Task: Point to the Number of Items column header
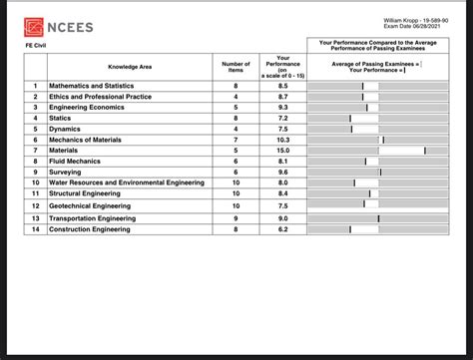236,66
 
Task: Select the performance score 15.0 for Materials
282,150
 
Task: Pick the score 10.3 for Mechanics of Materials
282,140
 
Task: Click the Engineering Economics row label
86,107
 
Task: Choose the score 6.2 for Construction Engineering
282,229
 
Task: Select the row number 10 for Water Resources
35,182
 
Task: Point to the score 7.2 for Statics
282,118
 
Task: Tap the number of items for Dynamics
236,129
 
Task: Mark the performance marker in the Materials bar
424,150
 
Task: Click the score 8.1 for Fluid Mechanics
282,161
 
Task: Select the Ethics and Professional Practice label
100,97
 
